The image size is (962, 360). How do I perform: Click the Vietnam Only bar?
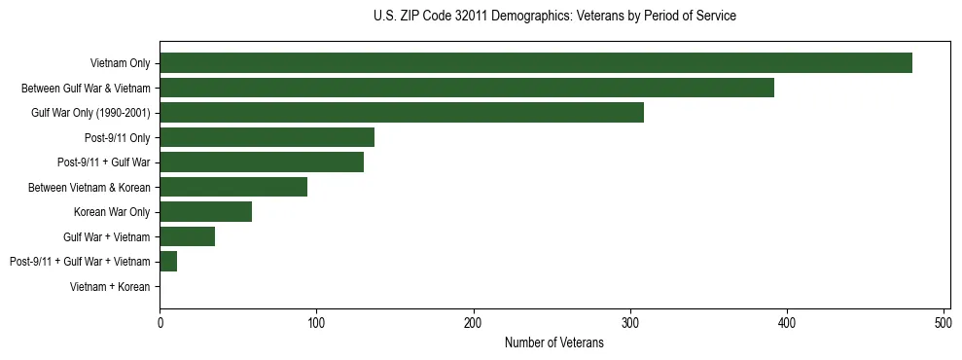(x=536, y=63)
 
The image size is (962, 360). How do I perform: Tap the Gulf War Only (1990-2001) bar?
(x=402, y=113)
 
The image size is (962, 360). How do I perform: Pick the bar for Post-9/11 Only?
(x=267, y=137)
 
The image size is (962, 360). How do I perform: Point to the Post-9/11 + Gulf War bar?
(x=262, y=162)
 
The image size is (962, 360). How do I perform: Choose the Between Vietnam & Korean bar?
(x=233, y=187)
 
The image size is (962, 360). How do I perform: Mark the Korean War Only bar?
(x=206, y=212)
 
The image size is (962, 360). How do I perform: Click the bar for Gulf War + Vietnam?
(x=188, y=236)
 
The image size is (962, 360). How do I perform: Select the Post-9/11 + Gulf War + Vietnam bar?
(x=168, y=262)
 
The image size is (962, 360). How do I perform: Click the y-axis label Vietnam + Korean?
(x=110, y=287)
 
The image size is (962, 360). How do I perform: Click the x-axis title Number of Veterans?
(x=554, y=342)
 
